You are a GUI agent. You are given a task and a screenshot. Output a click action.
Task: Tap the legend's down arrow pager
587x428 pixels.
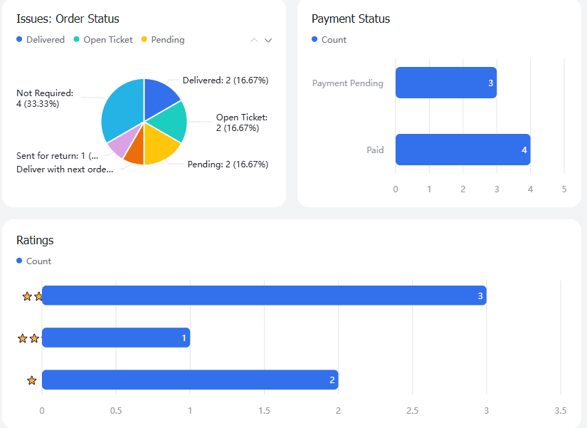[x=268, y=41]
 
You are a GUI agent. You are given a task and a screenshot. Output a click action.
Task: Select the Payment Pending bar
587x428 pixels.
[x=445, y=83]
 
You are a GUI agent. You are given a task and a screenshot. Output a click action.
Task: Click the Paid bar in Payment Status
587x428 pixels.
[x=462, y=150]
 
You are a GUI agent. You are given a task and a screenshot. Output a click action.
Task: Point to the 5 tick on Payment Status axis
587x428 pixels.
[x=564, y=189]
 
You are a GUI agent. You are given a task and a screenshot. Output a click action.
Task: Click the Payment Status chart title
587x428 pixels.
[x=351, y=19]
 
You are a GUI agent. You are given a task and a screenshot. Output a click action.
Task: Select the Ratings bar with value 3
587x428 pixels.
[x=264, y=296]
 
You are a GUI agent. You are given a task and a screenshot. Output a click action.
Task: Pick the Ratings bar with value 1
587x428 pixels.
[x=116, y=338]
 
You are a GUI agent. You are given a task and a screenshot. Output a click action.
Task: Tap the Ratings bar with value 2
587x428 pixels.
[x=190, y=380]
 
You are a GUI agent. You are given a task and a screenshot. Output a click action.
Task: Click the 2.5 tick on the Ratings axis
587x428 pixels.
[x=412, y=411]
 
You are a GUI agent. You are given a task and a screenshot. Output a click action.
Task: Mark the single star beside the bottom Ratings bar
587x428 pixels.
[x=31, y=380]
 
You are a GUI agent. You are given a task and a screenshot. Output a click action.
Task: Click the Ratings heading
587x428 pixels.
[x=35, y=241]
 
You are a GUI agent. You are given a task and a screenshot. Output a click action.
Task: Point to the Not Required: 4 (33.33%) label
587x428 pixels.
[x=44, y=98]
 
